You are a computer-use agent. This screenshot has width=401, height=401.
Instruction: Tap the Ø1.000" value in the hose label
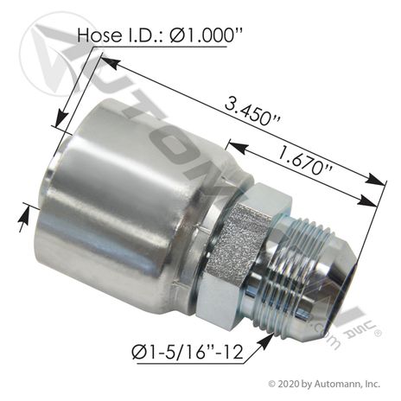tap(202, 36)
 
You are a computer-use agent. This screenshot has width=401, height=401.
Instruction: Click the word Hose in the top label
tap(99, 35)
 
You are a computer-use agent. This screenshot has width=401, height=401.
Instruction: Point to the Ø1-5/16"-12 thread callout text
tap(188, 352)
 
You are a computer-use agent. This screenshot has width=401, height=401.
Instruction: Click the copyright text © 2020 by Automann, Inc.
tap(324, 384)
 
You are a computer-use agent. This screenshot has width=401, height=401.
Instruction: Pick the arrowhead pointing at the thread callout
tap(266, 341)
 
